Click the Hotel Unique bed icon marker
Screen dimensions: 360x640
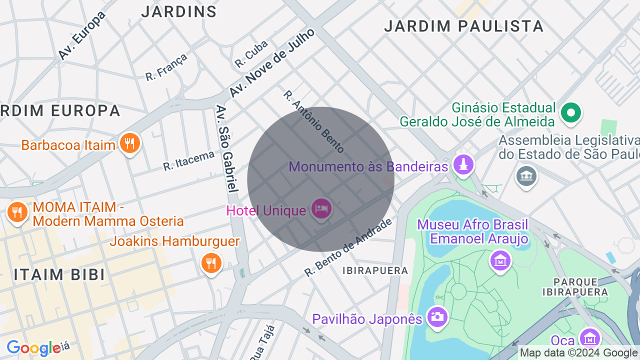(x=320, y=208)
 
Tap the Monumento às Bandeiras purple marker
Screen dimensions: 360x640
(x=463, y=164)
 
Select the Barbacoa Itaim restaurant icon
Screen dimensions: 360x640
(x=129, y=144)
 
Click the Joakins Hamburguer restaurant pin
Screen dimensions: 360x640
(x=211, y=262)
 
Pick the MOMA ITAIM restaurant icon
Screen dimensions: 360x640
(x=17, y=212)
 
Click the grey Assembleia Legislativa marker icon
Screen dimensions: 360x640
(x=526, y=176)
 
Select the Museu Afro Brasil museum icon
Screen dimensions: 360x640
(x=500, y=260)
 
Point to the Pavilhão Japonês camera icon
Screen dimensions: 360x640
(x=437, y=317)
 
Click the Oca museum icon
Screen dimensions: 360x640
(x=589, y=339)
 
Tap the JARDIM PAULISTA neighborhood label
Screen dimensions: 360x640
(x=463, y=26)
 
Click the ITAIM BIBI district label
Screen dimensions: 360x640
(x=59, y=274)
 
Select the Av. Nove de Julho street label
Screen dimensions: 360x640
(x=272, y=62)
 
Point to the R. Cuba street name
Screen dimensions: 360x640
(x=251, y=54)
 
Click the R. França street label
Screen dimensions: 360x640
(x=166, y=66)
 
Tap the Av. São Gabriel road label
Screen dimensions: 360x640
(x=226, y=148)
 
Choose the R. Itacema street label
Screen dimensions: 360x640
(x=188, y=161)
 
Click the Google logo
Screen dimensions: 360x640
(x=33, y=348)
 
